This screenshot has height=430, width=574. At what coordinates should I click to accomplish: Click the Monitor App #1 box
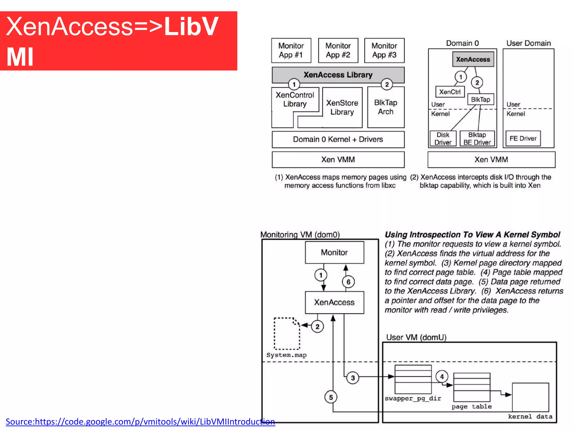click(x=291, y=50)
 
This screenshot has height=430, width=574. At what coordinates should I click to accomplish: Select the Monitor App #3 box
click(x=384, y=50)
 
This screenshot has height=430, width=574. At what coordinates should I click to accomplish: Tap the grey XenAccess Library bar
click(x=338, y=74)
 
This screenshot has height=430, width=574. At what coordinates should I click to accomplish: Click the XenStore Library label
click(x=342, y=107)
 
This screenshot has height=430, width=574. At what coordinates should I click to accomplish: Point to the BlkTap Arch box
click(x=386, y=107)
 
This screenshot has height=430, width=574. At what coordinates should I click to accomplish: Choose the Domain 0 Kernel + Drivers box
click(x=338, y=139)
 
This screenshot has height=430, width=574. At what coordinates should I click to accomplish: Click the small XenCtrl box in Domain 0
click(x=450, y=92)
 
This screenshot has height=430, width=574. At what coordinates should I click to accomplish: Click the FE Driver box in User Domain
click(x=523, y=138)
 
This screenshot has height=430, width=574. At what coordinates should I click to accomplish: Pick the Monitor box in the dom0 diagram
click(x=334, y=253)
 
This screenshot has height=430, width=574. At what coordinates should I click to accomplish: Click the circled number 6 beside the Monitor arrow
click(x=348, y=282)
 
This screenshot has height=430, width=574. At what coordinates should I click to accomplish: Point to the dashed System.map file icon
click(x=287, y=333)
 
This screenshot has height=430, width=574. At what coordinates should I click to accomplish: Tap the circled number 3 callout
click(x=353, y=378)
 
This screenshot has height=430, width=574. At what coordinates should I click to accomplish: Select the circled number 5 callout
click(x=331, y=397)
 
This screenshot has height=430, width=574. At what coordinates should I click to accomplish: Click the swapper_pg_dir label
click(x=413, y=398)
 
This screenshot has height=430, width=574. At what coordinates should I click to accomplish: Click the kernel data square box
click(x=530, y=397)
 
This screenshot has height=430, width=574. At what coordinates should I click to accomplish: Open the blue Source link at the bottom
click(x=140, y=422)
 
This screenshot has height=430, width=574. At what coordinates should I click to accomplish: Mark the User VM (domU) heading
click(x=416, y=337)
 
